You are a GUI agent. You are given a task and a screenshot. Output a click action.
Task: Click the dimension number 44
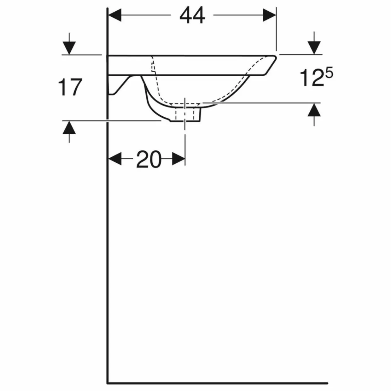click(x=192, y=15)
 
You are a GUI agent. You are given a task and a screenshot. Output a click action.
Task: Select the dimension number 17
click(x=70, y=87)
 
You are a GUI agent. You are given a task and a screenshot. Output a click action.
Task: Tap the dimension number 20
click(x=149, y=159)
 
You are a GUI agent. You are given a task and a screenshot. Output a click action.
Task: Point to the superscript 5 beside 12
click(x=329, y=73)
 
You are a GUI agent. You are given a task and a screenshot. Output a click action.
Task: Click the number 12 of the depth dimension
click(x=312, y=78)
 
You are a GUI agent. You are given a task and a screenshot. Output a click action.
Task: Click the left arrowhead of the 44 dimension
click(x=115, y=15)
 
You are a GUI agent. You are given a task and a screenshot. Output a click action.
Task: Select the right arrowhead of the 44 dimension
click(x=269, y=15)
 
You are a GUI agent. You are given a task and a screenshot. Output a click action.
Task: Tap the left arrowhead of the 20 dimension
click(x=115, y=159)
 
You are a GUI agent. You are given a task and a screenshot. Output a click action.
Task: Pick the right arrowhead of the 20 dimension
click(x=178, y=159)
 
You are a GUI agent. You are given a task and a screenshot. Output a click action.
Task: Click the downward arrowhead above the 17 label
click(x=69, y=48)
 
